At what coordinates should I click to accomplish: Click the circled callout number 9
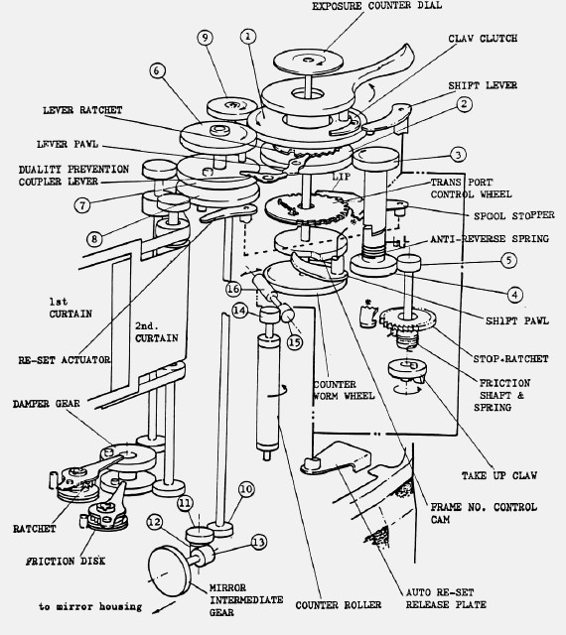[206, 38]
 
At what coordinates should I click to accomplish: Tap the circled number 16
[233, 289]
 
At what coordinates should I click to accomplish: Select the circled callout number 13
[259, 542]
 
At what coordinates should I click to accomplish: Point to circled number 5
[509, 260]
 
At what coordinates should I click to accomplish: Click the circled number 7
[82, 205]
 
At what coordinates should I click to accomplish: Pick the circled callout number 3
[458, 155]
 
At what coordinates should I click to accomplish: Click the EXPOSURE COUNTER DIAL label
[376, 6]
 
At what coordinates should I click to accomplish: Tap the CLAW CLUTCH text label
[483, 39]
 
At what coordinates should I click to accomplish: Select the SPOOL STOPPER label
[513, 215]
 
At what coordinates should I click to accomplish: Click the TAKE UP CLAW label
[499, 475]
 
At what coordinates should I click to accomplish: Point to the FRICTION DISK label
[66, 561]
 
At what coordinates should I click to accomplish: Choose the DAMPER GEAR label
[47, 404]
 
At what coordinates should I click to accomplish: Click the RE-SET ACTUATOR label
[65, 359]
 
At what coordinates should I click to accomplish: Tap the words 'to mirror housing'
[90, 606]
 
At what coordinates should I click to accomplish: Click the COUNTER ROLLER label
[339, 605]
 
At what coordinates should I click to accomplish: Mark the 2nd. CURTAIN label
[157, 332]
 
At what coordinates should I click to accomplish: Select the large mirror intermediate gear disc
[170, 571]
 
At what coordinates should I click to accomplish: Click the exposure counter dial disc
[308, 62]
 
